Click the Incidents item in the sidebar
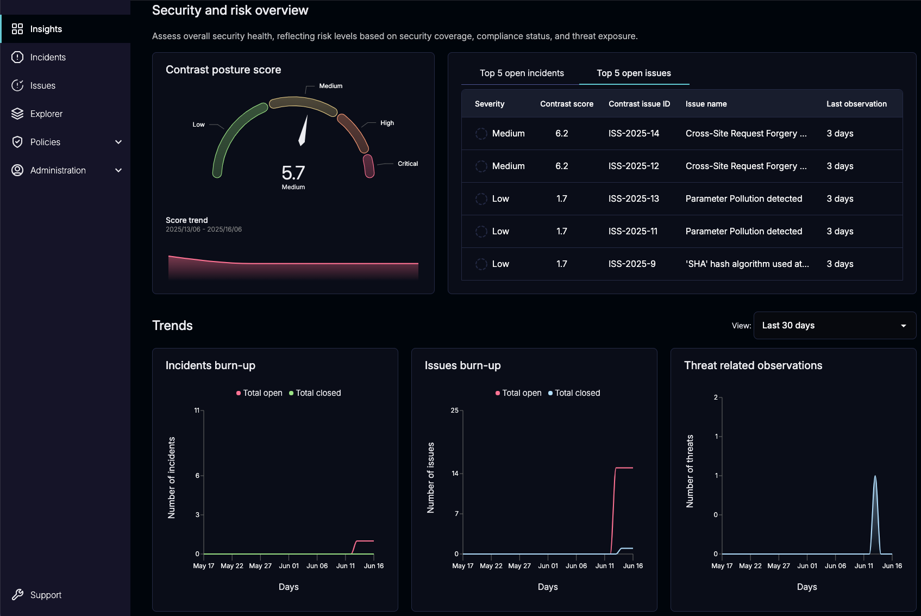pos(47,57)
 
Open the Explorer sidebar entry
pos(46,114)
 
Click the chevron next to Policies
pos(118,142)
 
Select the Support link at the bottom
pos(46,595)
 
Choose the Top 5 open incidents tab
pos(522,73)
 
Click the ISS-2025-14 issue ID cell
pos(634,133)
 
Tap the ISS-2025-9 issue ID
pos(631,264)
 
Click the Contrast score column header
pos(566,104)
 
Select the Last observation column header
pos(856,104)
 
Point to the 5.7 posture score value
pos(293,173)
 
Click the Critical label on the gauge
pos(408,164)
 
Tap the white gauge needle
pos(303,132)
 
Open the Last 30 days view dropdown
pos(834,325)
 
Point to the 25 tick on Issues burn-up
pos(455,410)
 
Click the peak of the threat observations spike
pos(875,477)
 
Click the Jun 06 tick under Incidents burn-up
pos(317,565)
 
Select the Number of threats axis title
pos(690,471)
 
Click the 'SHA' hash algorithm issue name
pos(747,264)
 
